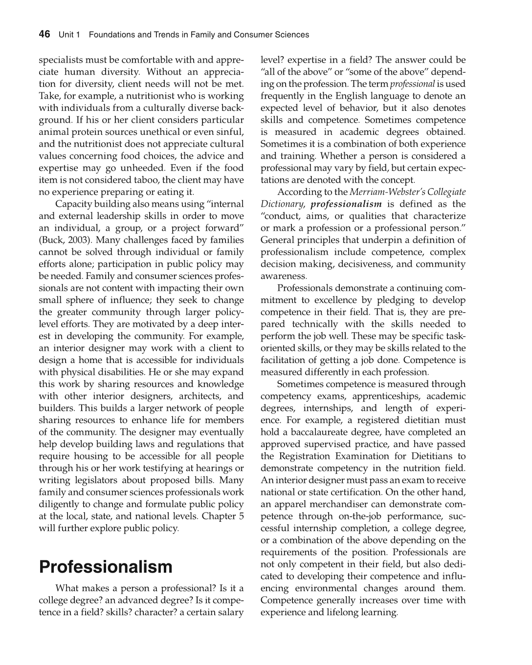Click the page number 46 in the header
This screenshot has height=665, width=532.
point(44,34)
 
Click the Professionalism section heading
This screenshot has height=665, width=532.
point(106,567)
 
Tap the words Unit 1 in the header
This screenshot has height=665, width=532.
point(69,35)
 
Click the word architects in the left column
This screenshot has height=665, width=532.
point(199,396)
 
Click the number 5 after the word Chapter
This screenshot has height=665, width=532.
point(241,516)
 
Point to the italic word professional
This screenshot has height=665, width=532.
point(412,84)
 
